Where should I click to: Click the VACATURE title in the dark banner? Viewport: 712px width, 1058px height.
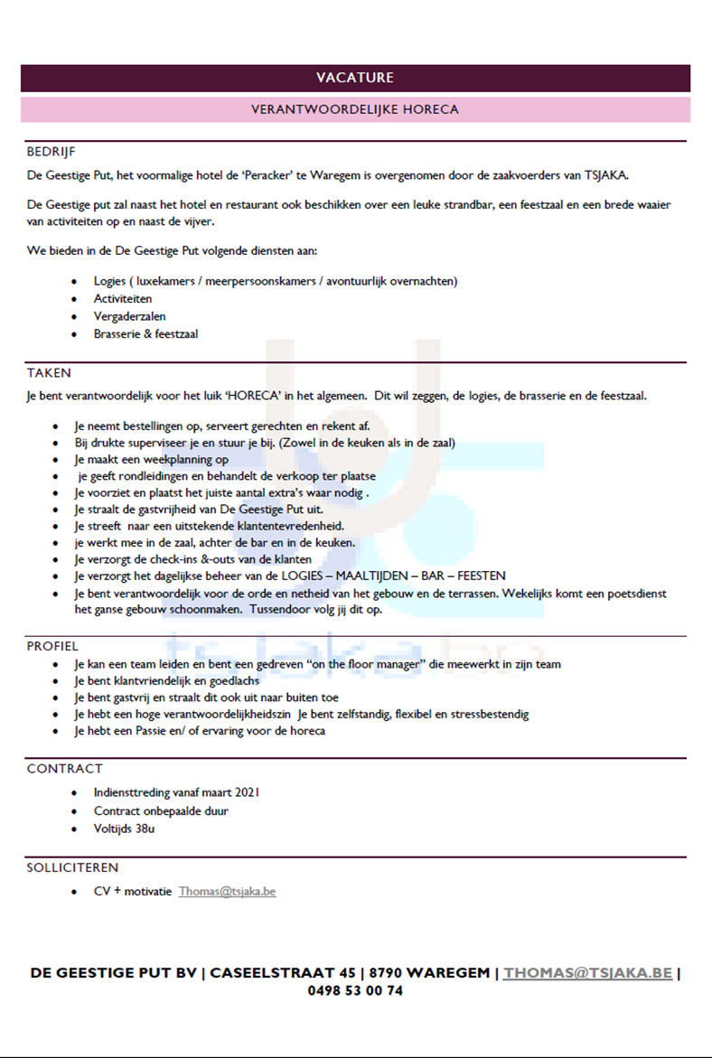355,78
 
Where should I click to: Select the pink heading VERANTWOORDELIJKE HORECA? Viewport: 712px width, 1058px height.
355,109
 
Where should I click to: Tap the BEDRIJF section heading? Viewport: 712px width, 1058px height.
52,152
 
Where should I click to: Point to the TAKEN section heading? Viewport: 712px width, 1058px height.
49,372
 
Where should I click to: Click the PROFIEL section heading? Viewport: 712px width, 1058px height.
52,646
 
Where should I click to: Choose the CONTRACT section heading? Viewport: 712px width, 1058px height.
64,769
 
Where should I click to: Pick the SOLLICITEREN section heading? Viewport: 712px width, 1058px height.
72,867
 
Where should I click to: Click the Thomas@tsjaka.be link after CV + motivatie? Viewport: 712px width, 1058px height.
227,892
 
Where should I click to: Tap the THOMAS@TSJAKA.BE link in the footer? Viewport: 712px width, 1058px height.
587,973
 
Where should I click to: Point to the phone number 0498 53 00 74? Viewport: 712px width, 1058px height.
355,990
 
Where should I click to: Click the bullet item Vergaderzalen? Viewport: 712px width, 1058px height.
129,316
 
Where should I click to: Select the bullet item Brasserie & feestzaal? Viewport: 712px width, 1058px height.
145,333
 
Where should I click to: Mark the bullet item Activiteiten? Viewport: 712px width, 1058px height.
123,298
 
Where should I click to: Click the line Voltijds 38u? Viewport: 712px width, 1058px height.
124,829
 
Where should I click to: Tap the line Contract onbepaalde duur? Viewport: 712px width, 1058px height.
161,810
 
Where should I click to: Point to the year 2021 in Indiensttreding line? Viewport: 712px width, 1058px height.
247,792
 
